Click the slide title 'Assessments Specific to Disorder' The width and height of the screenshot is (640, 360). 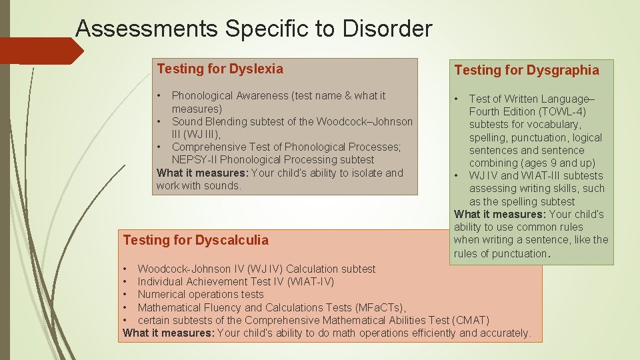click(x=253, y=29)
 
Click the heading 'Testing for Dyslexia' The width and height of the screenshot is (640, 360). click(x=220, y=69)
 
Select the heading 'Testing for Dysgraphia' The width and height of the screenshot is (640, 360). click(x=526, y=70)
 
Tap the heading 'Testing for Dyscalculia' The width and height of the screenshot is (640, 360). click(x=196, y=240)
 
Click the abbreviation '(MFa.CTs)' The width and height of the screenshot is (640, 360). click(x=379, y=307)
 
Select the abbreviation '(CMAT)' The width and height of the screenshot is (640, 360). click(x=471, y=320)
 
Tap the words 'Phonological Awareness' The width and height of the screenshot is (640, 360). click(x=229, y=96)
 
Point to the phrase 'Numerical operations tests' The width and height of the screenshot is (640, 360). click(x=201, y=295)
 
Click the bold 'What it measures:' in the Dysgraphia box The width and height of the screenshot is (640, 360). click(x=499, y=215)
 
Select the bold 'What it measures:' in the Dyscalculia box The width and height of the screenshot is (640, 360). click(x=169, y=333)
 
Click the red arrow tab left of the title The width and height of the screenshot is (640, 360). click(x=40, y=51)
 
